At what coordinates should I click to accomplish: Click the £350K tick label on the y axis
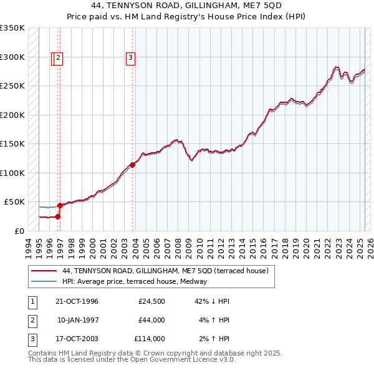point(12,28)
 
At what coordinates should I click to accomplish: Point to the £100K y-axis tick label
point(12,173)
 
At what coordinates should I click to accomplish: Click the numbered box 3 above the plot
point(131,59)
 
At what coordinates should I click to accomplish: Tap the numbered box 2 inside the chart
point(58,59)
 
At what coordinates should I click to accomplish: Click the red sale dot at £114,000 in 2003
point(133,165)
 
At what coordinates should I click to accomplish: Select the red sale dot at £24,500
point(57,216)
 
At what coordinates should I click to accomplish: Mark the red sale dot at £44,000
point(60,205)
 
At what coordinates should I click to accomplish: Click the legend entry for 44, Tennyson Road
point(165,271)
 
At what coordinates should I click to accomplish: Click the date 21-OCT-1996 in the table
point(77,301)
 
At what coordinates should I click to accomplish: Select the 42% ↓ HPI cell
point(213,301)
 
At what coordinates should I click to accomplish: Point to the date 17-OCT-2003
point(77,339)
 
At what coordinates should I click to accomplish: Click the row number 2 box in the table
point(32,320)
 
